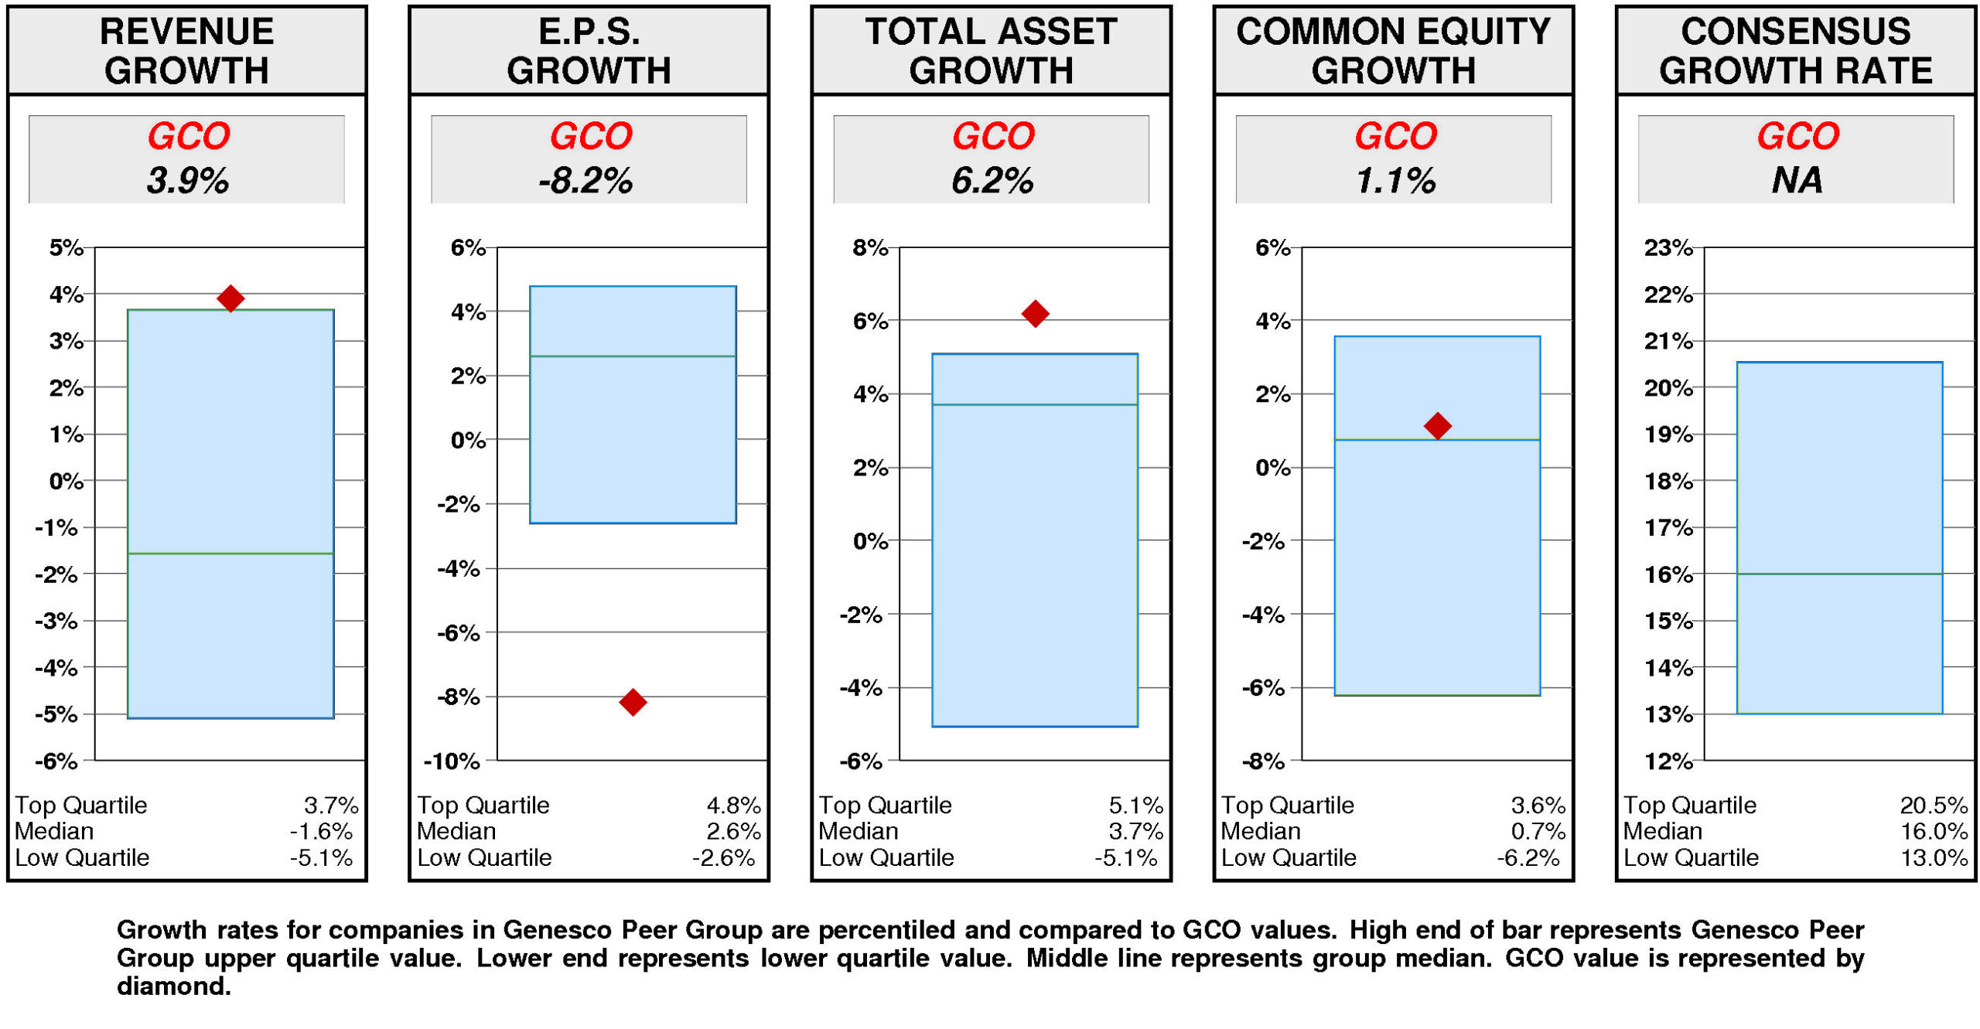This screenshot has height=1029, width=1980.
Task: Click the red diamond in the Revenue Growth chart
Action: (x=230, y=298)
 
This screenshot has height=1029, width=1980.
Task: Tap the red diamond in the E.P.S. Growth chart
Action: (x=633, y=702)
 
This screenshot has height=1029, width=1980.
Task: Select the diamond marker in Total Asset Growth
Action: (x=1035, y=313)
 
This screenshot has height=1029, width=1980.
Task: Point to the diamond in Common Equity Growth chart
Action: (x=1437, y=425)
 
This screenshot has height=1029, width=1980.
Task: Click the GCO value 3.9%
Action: (x=187, y=181)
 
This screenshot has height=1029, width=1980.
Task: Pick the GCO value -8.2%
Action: (x=585, y=181)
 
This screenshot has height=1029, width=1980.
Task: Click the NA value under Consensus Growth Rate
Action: (x=1796, y=181)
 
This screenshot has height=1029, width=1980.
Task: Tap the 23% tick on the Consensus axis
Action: (x=1668, y=248)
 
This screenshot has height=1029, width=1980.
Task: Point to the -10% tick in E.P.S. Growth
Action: (x=452, y=762)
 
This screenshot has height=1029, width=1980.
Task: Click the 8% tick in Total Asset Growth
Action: (x=870, y=248)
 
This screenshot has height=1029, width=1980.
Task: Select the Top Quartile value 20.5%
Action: (x=1933, y=806)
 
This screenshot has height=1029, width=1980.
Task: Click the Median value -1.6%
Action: (x=321, y=832)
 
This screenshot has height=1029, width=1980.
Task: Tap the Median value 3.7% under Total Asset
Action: (x=1135, y=832)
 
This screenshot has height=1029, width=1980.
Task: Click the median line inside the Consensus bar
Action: (x=1839, y=574)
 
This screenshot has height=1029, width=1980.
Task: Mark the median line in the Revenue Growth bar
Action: (x=230, y=554)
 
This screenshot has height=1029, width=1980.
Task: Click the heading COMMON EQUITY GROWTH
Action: (x=1393, y=51)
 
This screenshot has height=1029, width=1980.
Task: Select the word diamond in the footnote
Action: (x=172, y=986)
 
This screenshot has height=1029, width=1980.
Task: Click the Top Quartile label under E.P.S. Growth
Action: (x=483, y=806)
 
